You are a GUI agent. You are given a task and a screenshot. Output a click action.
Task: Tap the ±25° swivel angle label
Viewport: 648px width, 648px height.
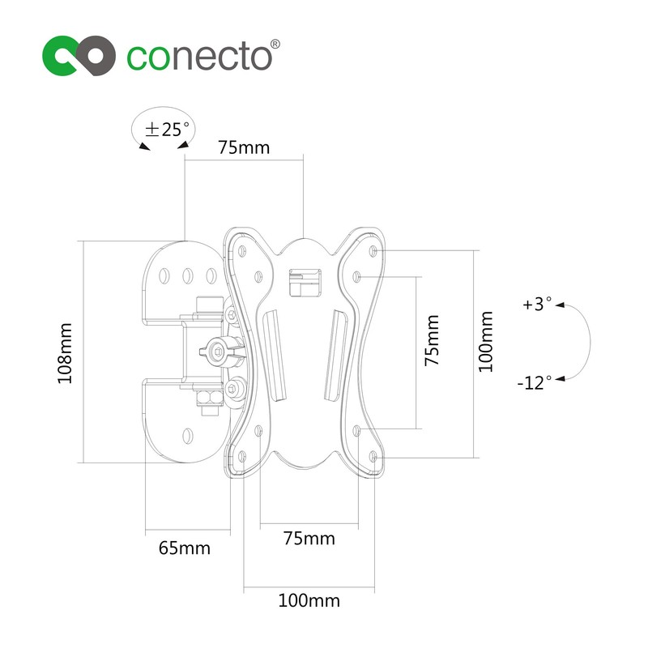166,129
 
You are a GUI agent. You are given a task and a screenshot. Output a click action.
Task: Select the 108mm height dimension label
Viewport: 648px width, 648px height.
66,353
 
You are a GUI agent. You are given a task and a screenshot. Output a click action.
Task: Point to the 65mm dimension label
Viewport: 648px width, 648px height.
184,548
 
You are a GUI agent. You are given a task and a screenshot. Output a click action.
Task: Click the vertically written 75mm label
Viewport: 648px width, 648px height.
433,341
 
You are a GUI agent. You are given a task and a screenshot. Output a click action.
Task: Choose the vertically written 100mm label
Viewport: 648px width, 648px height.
485,341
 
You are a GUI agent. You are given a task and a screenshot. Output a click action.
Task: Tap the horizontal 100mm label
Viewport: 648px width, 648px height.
309,601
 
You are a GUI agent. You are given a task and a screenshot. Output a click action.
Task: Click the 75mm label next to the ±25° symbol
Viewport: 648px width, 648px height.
243,147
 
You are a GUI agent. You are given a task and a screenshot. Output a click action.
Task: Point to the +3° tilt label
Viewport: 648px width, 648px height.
537,305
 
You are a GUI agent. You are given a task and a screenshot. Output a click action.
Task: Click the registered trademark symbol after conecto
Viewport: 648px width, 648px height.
274,44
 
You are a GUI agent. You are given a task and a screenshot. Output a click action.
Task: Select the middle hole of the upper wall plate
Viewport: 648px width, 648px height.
187,276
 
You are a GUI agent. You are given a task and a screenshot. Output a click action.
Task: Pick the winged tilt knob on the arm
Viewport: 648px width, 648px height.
218,351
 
